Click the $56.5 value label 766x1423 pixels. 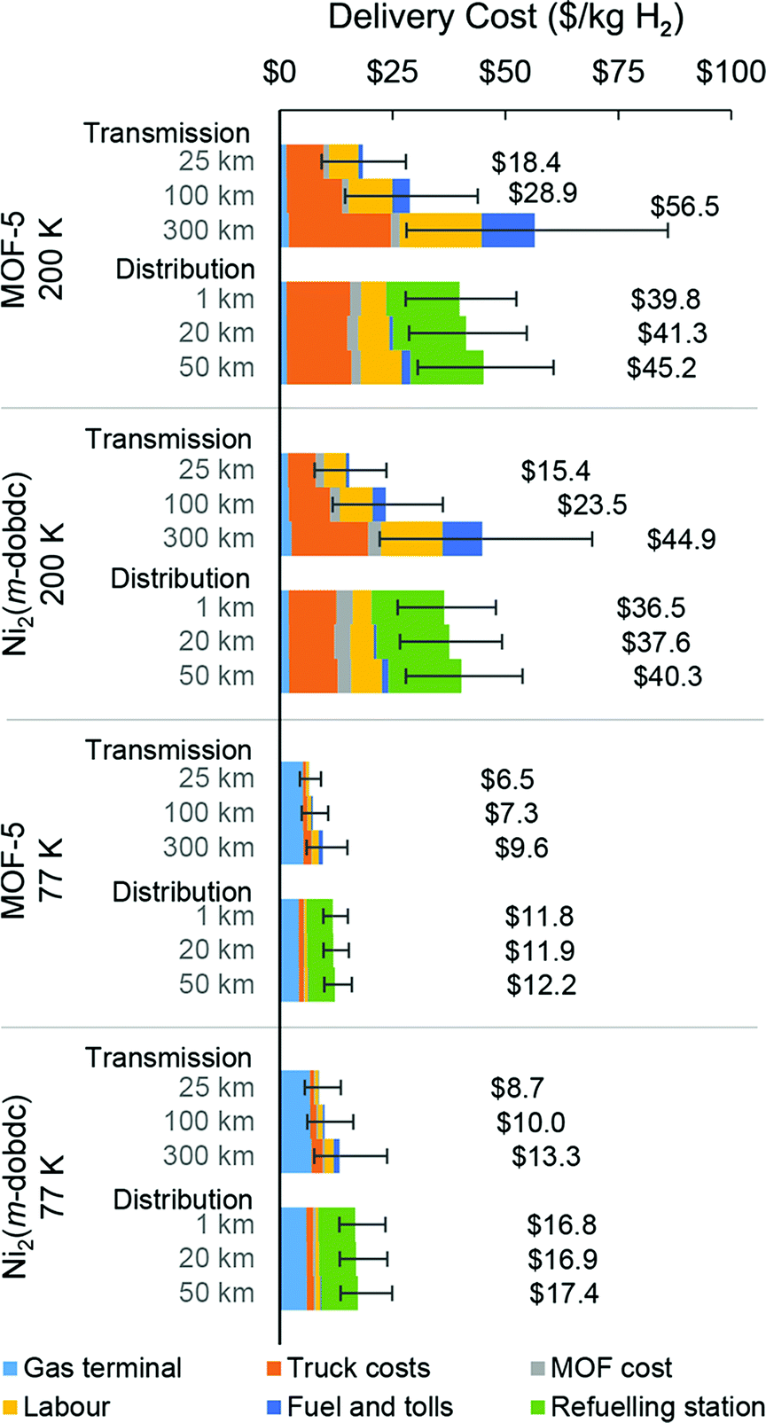pos(684,207)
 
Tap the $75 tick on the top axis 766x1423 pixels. pos(618,72)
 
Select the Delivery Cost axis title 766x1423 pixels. pos(505,19)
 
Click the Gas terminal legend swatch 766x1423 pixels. pos(11,1368)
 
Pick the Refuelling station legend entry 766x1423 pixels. pos(656,1407)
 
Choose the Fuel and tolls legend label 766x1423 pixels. pos(370,1407)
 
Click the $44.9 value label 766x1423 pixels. pos(681,539)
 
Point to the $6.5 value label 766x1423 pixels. pos(507,779)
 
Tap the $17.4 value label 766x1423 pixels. pos(564,1294)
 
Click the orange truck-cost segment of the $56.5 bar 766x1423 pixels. pos(340,230)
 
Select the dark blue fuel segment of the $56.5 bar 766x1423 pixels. pos(507,230)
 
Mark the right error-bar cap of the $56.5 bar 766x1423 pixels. pos(668,230)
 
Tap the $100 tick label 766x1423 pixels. pos(730,72)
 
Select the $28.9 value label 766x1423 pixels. pos(543,194)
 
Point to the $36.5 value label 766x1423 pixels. pos(651,608)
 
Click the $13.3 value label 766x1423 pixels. pos(545,1157)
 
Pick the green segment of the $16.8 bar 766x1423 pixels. pos(337,1224)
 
